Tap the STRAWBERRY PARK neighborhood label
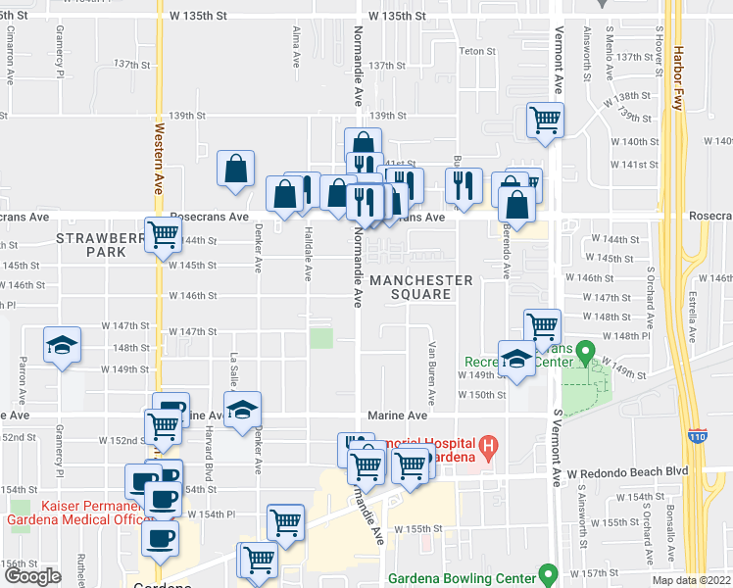(91, 245)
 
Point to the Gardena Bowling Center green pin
(549, 573)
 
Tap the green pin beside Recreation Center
(586, 351)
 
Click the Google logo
(32, 576)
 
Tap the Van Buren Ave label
(430, 373)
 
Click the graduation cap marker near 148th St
(62, 347)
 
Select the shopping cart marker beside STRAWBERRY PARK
(164, 235)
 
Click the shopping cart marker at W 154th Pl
(285, 522)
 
